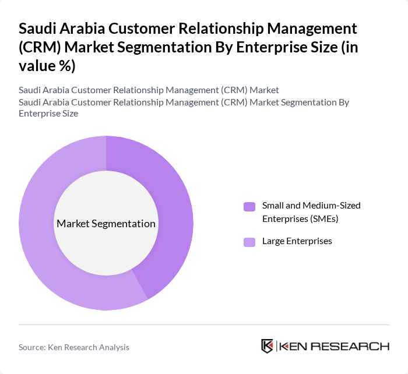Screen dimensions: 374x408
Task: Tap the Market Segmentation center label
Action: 106,224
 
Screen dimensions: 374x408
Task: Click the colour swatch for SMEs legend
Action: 249,206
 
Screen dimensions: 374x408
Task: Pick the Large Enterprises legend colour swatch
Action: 249,242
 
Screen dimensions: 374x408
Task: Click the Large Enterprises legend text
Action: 297,241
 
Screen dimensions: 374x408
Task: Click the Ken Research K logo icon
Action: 268,346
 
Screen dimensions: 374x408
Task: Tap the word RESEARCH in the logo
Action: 355,347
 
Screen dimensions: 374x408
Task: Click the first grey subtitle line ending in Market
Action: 149,90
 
